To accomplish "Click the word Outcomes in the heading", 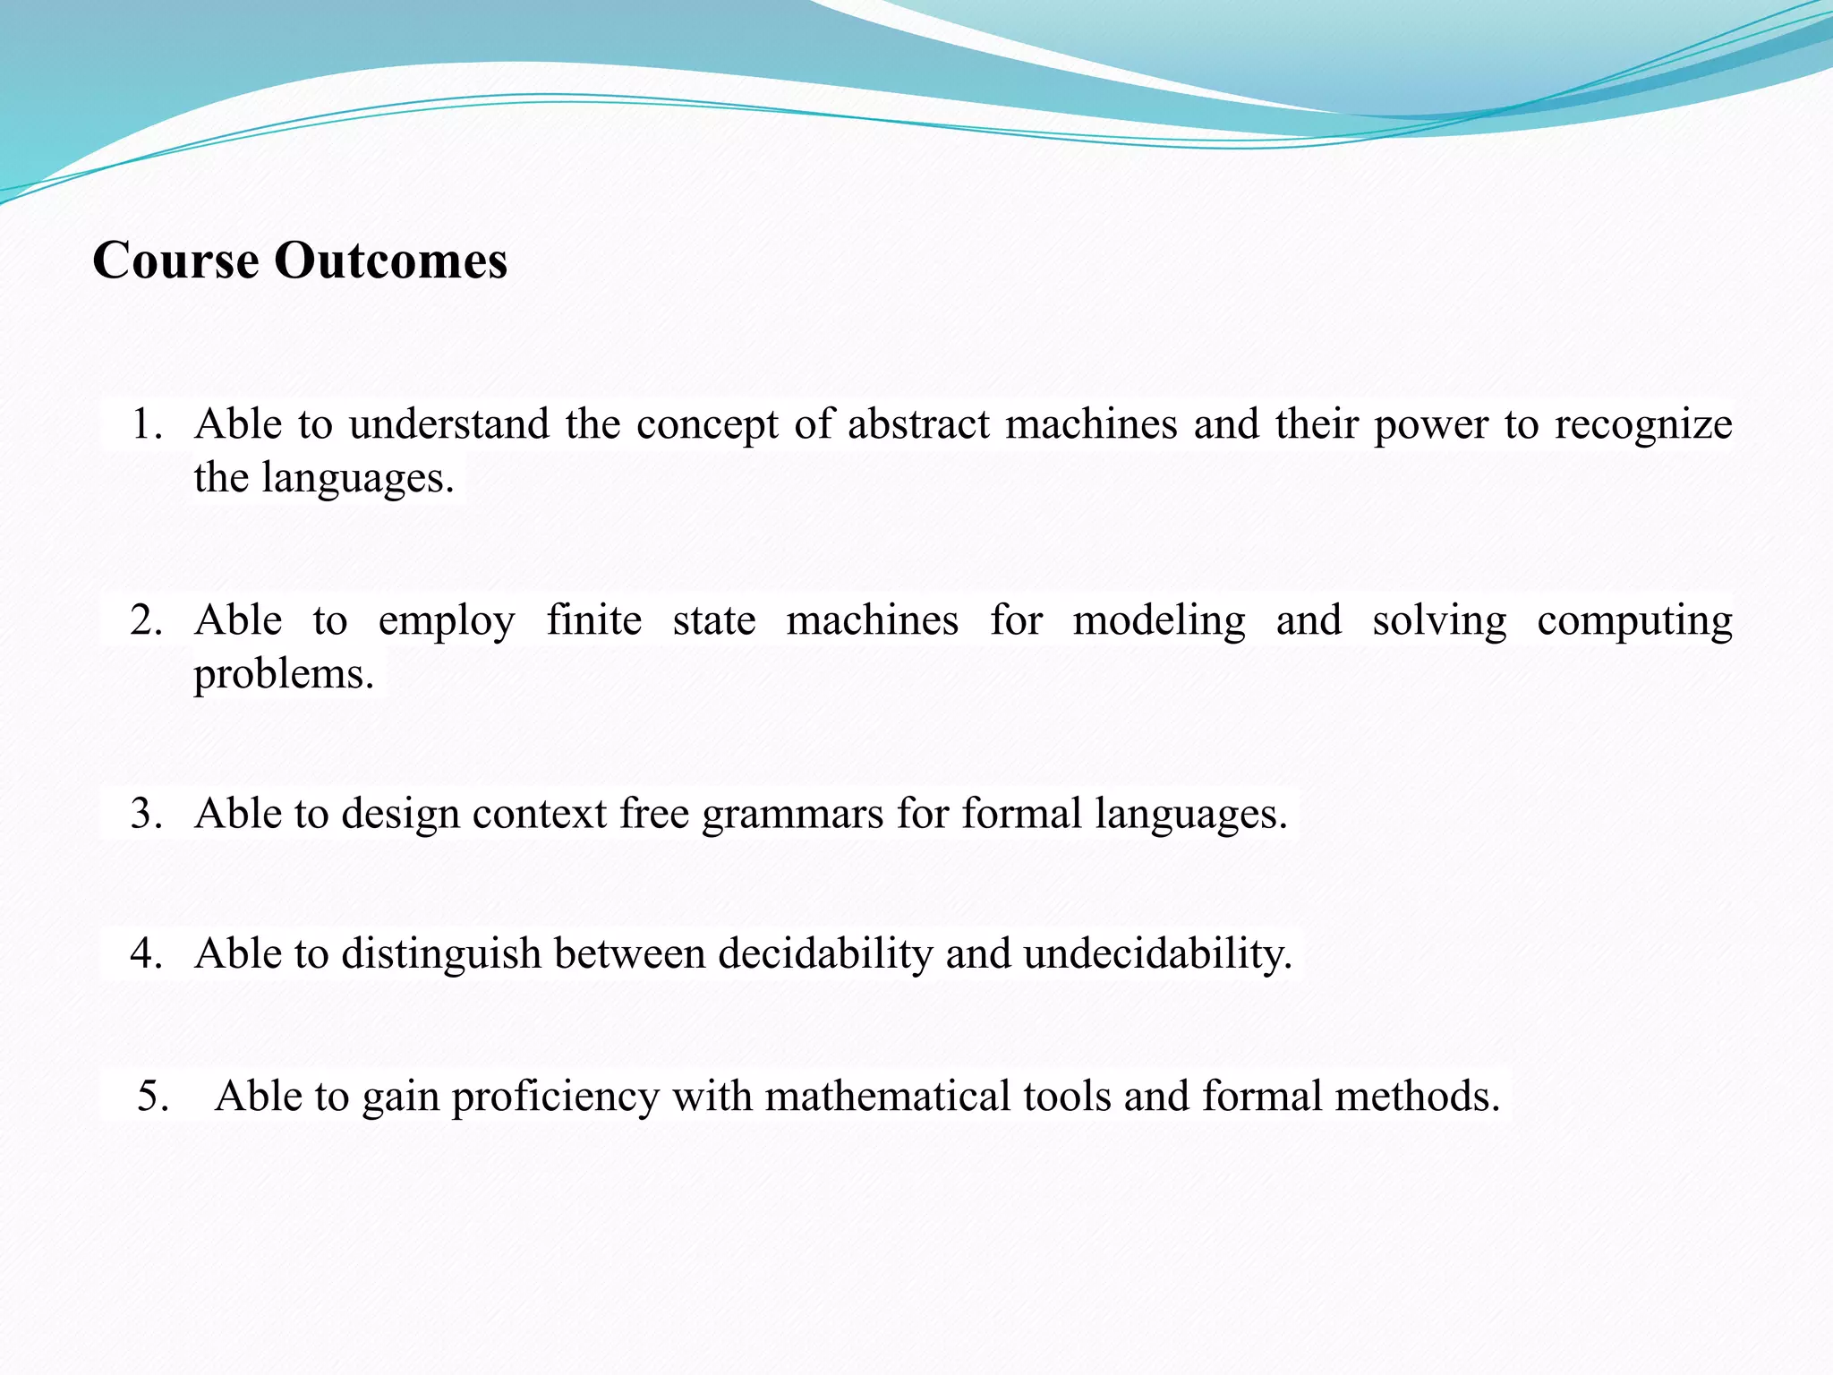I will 390,260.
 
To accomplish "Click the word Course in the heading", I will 175,260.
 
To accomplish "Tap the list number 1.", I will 146,424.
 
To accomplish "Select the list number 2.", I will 146,620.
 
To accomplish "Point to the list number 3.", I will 146,814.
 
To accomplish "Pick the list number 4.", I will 146,953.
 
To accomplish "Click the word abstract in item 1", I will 918,424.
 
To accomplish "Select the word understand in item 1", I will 448,424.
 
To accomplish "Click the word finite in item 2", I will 594,620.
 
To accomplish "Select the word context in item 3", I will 540,814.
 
